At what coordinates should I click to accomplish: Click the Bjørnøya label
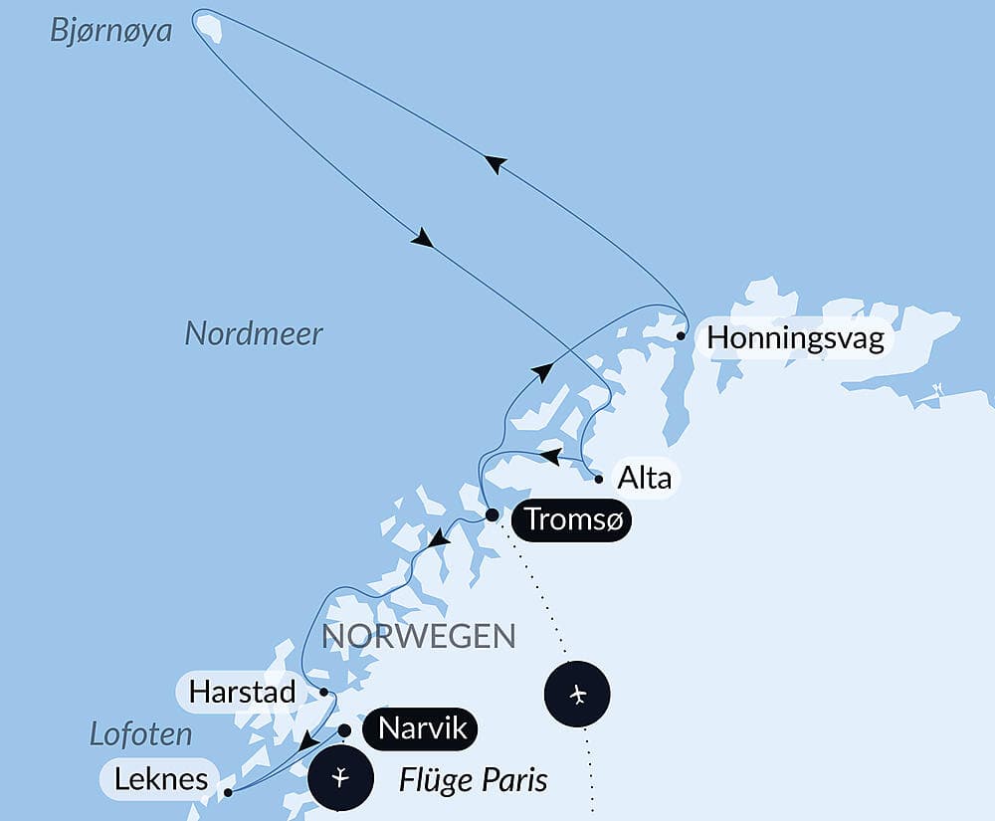[x=110, y=32]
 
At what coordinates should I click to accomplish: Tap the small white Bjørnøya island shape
[x=208, y=24]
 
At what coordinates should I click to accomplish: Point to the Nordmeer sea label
[x=254, y=334]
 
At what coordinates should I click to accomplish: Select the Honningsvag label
[x=795, y=340]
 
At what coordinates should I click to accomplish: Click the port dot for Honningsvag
[x=681, y=336]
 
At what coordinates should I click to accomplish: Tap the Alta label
[x=645, y=478]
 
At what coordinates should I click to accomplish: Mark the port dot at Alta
[x=599, y=479]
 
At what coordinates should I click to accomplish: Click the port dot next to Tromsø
[x=492, y=515]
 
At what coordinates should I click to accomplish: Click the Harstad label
[x=241, y=692]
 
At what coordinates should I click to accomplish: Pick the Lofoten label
[x=140, y=735]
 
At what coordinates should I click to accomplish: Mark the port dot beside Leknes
[x=229, y=793]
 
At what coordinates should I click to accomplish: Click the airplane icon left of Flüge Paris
[x=340, y=776]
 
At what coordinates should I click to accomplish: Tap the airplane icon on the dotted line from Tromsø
[x=578, y=694]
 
